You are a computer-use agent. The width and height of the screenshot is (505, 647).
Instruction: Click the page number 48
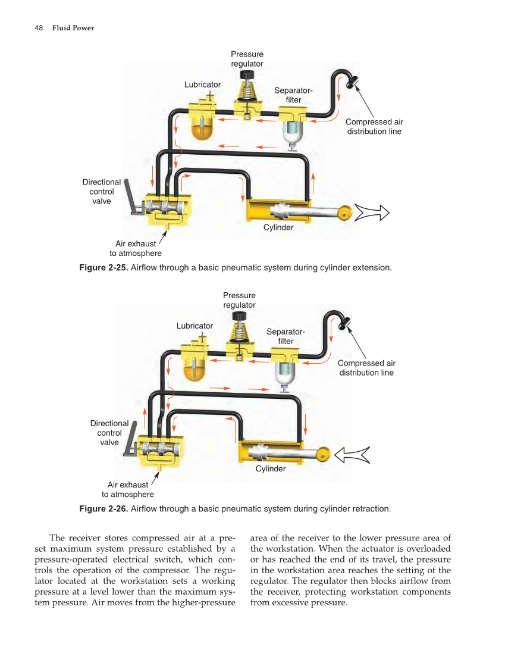pos(39,28)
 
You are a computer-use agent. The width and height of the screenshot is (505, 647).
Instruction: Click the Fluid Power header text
pos(73,28)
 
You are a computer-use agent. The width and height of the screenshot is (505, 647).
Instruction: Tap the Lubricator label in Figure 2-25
pos(202,85)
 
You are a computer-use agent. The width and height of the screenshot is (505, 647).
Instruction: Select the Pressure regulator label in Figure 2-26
pos(239,300)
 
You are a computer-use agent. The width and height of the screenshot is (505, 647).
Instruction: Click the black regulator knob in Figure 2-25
pos(246,75)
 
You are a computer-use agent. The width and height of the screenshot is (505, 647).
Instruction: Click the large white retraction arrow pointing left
pos(352,455)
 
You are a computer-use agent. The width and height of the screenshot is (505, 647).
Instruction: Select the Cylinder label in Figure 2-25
pos(278,227)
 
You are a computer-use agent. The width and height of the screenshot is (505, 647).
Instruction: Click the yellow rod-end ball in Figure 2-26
pos(323,456)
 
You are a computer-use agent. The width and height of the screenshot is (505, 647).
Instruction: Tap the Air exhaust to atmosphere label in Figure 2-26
pos(128,489)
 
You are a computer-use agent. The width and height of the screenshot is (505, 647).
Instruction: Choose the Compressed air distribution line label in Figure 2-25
pos(374,127)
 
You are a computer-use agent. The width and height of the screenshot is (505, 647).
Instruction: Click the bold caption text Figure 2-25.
pos(103,268)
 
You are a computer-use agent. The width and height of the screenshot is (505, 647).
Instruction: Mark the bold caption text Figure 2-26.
pos(103,509)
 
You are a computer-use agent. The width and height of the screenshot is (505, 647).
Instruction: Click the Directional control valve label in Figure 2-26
pos(109,433)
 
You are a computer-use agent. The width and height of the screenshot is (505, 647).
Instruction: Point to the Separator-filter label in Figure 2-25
pos(293,95)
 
